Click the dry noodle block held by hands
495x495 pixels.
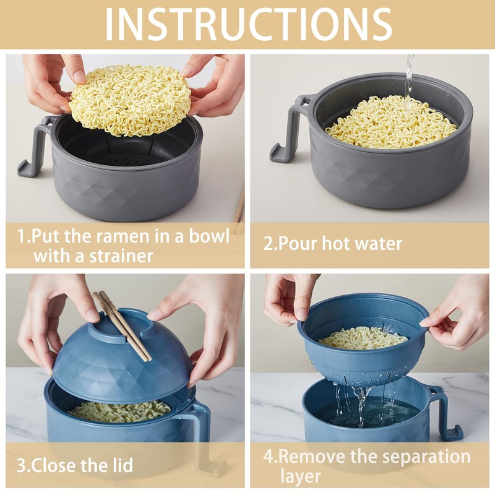(x=130, y=99)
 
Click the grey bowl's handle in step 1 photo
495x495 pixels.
(x=36, y=146)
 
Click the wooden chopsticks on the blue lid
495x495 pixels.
(x=124, y=325)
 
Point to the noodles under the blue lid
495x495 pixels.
(x=118, y=410)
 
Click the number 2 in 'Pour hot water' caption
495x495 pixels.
(x=269, y=243)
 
